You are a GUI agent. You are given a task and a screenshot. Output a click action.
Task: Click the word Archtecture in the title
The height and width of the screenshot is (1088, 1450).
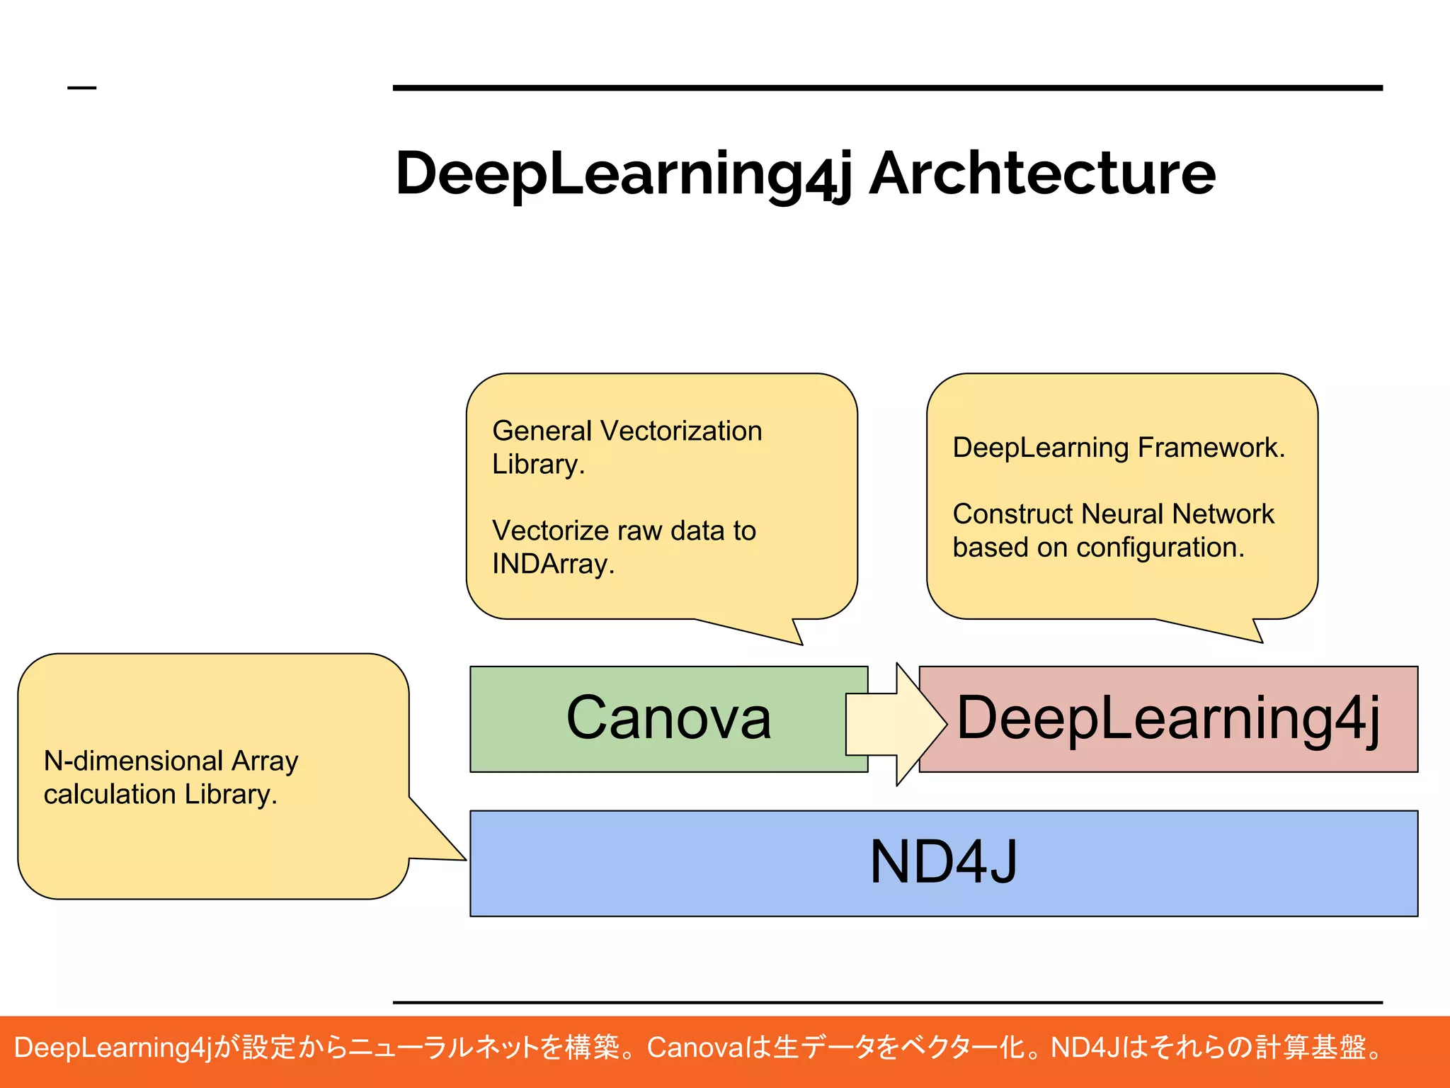coord(1042,174)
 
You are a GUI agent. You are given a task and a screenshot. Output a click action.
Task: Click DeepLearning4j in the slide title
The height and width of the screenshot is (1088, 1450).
coord(623,174)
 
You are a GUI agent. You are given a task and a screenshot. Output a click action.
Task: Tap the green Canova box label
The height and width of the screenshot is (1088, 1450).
coord(668,718)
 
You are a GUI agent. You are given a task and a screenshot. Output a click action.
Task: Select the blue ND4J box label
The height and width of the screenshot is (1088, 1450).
coord(943,862)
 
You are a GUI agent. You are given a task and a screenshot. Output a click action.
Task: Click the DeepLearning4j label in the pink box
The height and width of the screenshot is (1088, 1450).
coord(1168,718)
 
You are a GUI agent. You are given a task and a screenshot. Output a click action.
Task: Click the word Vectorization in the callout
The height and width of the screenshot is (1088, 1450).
coord(680,431)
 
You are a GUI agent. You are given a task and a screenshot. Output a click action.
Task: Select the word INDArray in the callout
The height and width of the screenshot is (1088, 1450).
coord(552,564)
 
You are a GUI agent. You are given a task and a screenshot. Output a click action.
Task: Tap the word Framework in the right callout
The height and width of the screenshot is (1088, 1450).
coord(1211,448)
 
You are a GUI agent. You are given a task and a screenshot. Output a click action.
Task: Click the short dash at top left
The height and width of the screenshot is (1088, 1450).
coord(81,88)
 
